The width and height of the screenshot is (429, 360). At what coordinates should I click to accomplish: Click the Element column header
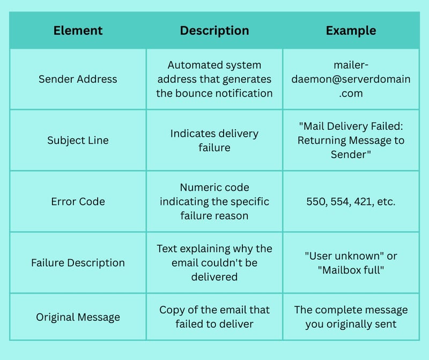coord(78,31)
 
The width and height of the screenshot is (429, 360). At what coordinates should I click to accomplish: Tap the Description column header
coord(214,31)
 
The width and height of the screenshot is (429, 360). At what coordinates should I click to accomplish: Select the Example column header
coord(351,31)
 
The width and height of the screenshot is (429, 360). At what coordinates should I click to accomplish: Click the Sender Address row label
coord(78,79)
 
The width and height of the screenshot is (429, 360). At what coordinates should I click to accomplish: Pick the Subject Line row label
coord(78,141)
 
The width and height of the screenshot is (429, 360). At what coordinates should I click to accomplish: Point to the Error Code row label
coord(78,202)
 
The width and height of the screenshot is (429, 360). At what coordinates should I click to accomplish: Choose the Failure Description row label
coord(78,263)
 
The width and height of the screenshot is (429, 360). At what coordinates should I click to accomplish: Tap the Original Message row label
coord(78,317)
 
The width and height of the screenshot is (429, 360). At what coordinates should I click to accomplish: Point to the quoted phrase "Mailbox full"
coord(351,270)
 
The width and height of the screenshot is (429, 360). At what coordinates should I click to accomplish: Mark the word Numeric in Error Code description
coord(195,188)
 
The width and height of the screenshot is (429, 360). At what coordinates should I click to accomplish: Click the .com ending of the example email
coord(351,94)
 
